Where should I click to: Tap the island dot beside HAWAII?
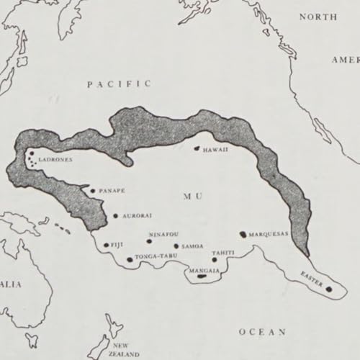pyautogui.click(x=195, y=149)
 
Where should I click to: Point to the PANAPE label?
pyautogui.click(x=111, y=191)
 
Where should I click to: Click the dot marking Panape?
pyautogui.click(x=93, y=191)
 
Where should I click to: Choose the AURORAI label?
pyautogui.click(x=136, y=215)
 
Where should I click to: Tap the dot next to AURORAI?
pyautogui.click(x=116, y=215)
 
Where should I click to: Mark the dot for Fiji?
pyautogui.click(x=107, y=246)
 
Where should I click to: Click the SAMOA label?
pyautogui.click(x=192, y=246)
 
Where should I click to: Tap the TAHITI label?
pyautogui.click(x=222, y=253)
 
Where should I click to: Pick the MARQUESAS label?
pyautogui.click(x=269, y=235)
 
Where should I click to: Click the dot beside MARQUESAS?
pyautogui.click(x=243, y=234)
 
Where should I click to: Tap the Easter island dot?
pyautogui.click(x=329, y=289)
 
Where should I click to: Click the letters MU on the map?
pyautogui.click(x=191, y=195)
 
